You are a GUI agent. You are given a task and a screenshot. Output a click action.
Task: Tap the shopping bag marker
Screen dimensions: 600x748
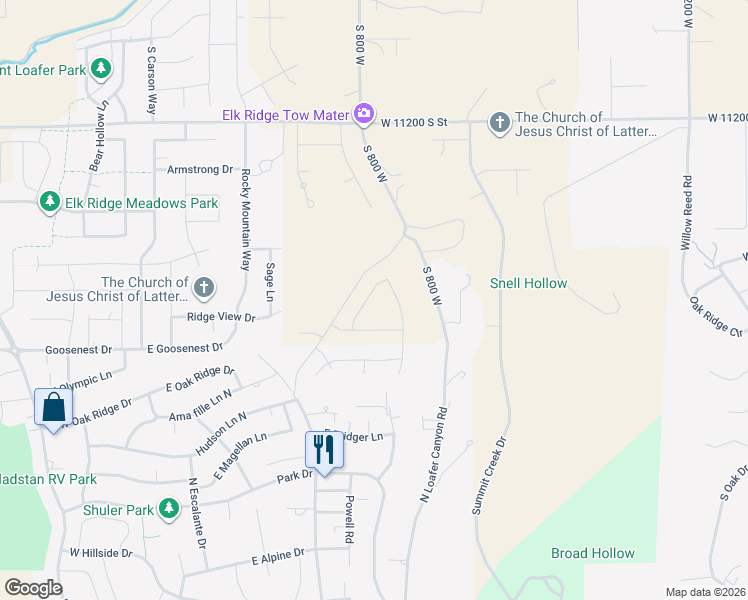pyautogui.click(x=52, y=407)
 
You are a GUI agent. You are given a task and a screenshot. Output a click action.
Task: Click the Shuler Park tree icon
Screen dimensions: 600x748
pyautogui.click(x=169, y=510)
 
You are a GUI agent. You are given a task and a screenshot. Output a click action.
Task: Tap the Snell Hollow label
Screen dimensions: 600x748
pyautogui.click(x=528, y=283)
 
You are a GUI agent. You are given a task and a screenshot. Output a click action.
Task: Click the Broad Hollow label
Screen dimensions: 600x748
pyautogui.click(x=593, y=553)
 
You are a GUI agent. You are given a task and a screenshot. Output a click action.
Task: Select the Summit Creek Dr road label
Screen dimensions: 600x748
pyautogui.click(x=489, y=476)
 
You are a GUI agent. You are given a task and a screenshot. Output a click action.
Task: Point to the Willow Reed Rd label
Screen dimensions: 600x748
pyautogui.click(x=687, y=212)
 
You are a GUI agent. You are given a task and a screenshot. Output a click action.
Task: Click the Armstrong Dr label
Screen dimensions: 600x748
pyautogui.click(x=200, y=170)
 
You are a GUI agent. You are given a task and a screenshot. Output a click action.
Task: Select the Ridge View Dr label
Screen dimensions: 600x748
pyautogui.click(x=221, y=317)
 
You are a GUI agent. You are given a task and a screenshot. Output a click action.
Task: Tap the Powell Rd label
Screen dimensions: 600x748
pyautogui.click(x=349, y=519)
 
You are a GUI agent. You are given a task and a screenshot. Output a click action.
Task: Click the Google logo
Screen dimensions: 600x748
pyautogui.click(x=33, y=588)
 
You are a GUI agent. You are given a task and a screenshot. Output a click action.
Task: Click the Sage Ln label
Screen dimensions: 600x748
pyautogui.click(x=268, y=281)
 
